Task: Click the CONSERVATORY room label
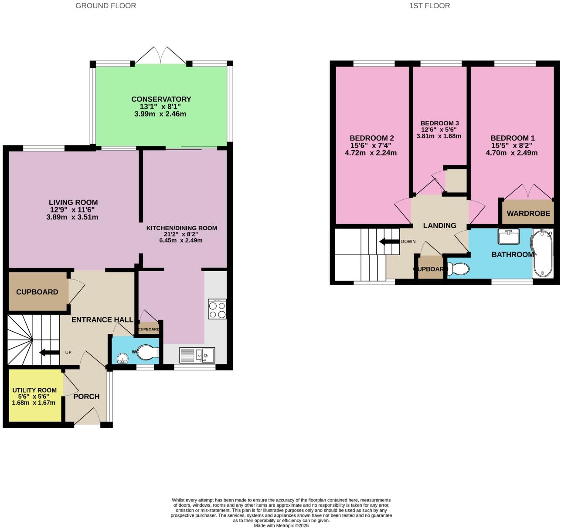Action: tap(161, 99)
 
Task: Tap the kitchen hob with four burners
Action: tap(217, 309)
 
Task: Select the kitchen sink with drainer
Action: tap(197, 355)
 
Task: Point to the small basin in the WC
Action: tap(122, 358)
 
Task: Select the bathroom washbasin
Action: tap(508, 237)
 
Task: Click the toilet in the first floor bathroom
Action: tap(459, 269)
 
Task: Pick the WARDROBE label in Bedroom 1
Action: tap(528, 214)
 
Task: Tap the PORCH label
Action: tap(86, 397)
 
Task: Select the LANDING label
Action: tap(439, 225)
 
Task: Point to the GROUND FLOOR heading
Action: tap(105, 6)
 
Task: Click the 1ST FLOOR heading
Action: tap(429, 6)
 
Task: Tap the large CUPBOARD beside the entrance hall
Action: tap(37, 292)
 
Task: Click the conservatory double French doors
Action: tap(161, 57)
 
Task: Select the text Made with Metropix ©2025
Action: tap(281, 525)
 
